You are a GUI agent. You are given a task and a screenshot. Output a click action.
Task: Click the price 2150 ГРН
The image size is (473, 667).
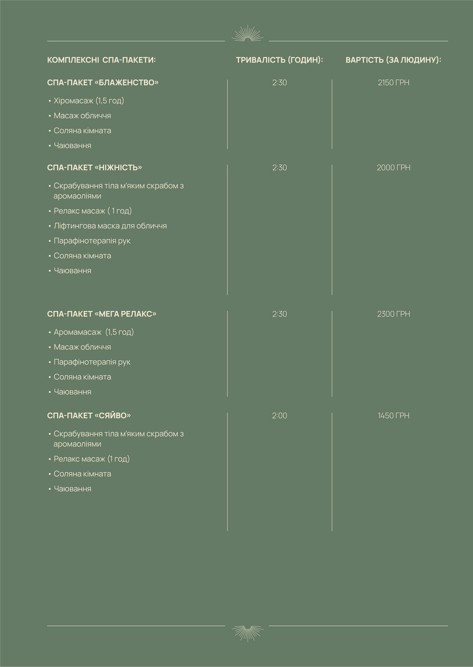(x=393, y=83)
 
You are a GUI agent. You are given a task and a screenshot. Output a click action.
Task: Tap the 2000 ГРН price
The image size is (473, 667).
(x=393, y=168)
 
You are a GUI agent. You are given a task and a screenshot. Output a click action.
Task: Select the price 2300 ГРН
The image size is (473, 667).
(x=393, y=314)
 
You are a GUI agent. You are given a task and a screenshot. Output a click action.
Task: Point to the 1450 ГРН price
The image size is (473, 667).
(x=393, y=416)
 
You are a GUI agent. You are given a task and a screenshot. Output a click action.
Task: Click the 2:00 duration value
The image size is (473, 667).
(x=279, y=416)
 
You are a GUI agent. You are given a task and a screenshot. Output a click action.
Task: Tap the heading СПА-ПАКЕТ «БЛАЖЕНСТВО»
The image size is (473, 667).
(x=103, y=82)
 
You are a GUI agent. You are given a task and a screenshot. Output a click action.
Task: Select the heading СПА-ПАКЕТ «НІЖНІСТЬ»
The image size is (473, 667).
(x=94, y=168)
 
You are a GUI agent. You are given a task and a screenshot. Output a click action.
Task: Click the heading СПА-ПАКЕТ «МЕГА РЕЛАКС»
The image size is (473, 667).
(x=102, y=314)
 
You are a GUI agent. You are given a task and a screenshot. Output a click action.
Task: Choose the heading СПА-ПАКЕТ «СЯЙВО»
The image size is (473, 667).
(x=89, y=416)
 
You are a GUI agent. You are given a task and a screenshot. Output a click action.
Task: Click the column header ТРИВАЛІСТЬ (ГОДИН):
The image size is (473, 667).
(x=279, y=60)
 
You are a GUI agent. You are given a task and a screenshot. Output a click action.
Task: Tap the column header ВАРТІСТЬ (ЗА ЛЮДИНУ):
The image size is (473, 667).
(x=393, y=60)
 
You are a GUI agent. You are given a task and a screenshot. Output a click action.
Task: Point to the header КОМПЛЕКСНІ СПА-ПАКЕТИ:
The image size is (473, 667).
(x=101, y=60)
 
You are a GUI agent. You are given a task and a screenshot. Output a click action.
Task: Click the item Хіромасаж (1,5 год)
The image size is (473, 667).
(x=89, y=101)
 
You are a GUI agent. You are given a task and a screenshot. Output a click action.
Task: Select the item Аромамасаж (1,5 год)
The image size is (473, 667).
(x=94, y=332)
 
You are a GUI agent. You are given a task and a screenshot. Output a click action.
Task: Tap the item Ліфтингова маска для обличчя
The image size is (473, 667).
(x=110, y=226)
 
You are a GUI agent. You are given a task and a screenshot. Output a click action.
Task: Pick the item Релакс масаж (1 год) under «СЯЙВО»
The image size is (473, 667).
(x=92, y=459)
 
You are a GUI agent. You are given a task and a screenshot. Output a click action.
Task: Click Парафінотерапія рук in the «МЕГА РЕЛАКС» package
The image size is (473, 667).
(x=92, y=362)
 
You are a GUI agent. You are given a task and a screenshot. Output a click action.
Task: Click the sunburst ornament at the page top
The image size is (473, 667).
(x=247, y=34)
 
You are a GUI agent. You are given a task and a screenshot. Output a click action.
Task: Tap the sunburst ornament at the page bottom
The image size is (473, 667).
(x=247, y=632)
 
